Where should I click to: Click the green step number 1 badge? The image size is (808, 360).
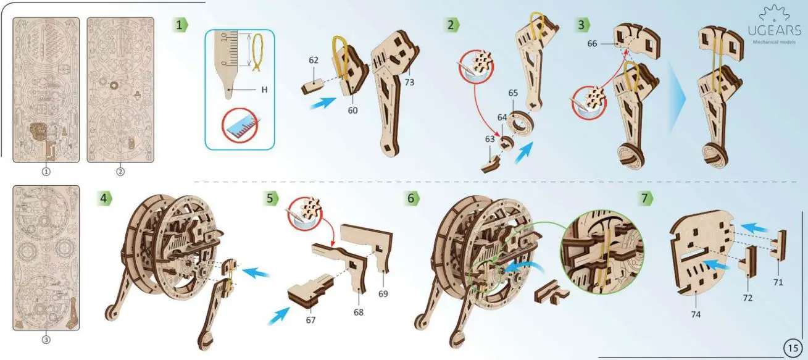click(x=180, y=25)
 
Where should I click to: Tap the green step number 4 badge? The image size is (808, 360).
click(x=104, y=198)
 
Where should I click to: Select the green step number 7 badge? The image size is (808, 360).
click(x=644, y=198)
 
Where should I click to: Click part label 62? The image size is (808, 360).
click(x=314, y=61)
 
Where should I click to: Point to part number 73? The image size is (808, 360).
click(x=409, y=82)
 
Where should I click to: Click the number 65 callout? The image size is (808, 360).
click(x=513, y=93)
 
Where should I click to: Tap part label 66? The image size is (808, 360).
click(x=592, y=44)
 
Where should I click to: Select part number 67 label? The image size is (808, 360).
click(x=310, y=320)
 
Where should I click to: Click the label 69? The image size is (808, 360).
click(x=383, y=294)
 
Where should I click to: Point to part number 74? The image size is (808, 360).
click(x=696, y=314)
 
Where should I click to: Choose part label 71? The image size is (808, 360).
click(x=778, y=282)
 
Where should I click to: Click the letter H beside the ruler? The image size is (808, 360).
click(x=264, y=90)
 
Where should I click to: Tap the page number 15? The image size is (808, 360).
click(x=793, y=348)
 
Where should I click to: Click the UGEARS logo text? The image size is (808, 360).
click(x=774, y=30)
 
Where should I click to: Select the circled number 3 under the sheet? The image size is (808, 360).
click(x=46, y=340)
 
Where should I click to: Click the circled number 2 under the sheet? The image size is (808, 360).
click(x=120, y=172)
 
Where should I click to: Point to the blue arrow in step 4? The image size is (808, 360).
click(x=256, y=273)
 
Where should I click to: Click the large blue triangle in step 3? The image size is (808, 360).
click(x=677, y=98)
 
